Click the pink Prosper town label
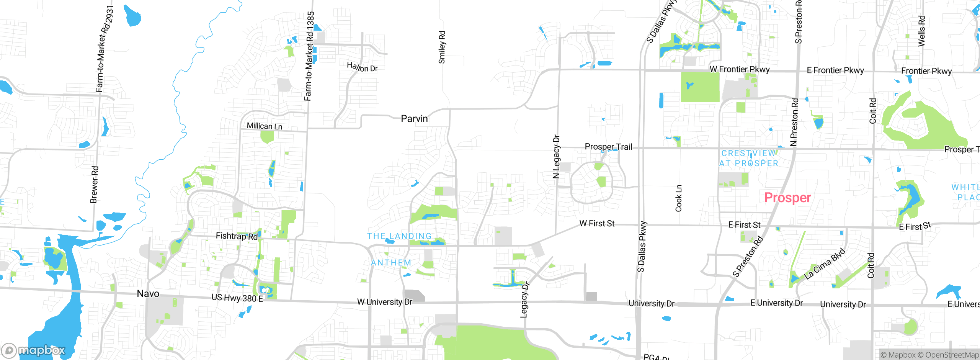point(787,198)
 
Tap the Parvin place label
point(414,119)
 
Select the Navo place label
point(148,294)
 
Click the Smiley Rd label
point(442,47)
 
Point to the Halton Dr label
point(362,67)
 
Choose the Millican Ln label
point(265,126)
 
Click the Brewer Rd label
point(94,185)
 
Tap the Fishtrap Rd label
point(237,236)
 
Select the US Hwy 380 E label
point(237,298)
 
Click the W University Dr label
point(385,302)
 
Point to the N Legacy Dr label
point(556,157)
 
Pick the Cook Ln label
point(679,198)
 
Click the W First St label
point(597,223)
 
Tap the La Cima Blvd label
point(824,264)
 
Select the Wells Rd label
point(922,31)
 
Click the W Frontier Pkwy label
point(740,69)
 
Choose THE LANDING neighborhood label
point(399,236)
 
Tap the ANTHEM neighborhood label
point(391,263)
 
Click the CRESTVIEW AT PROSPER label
point(749,158)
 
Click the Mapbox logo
point(33,350)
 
